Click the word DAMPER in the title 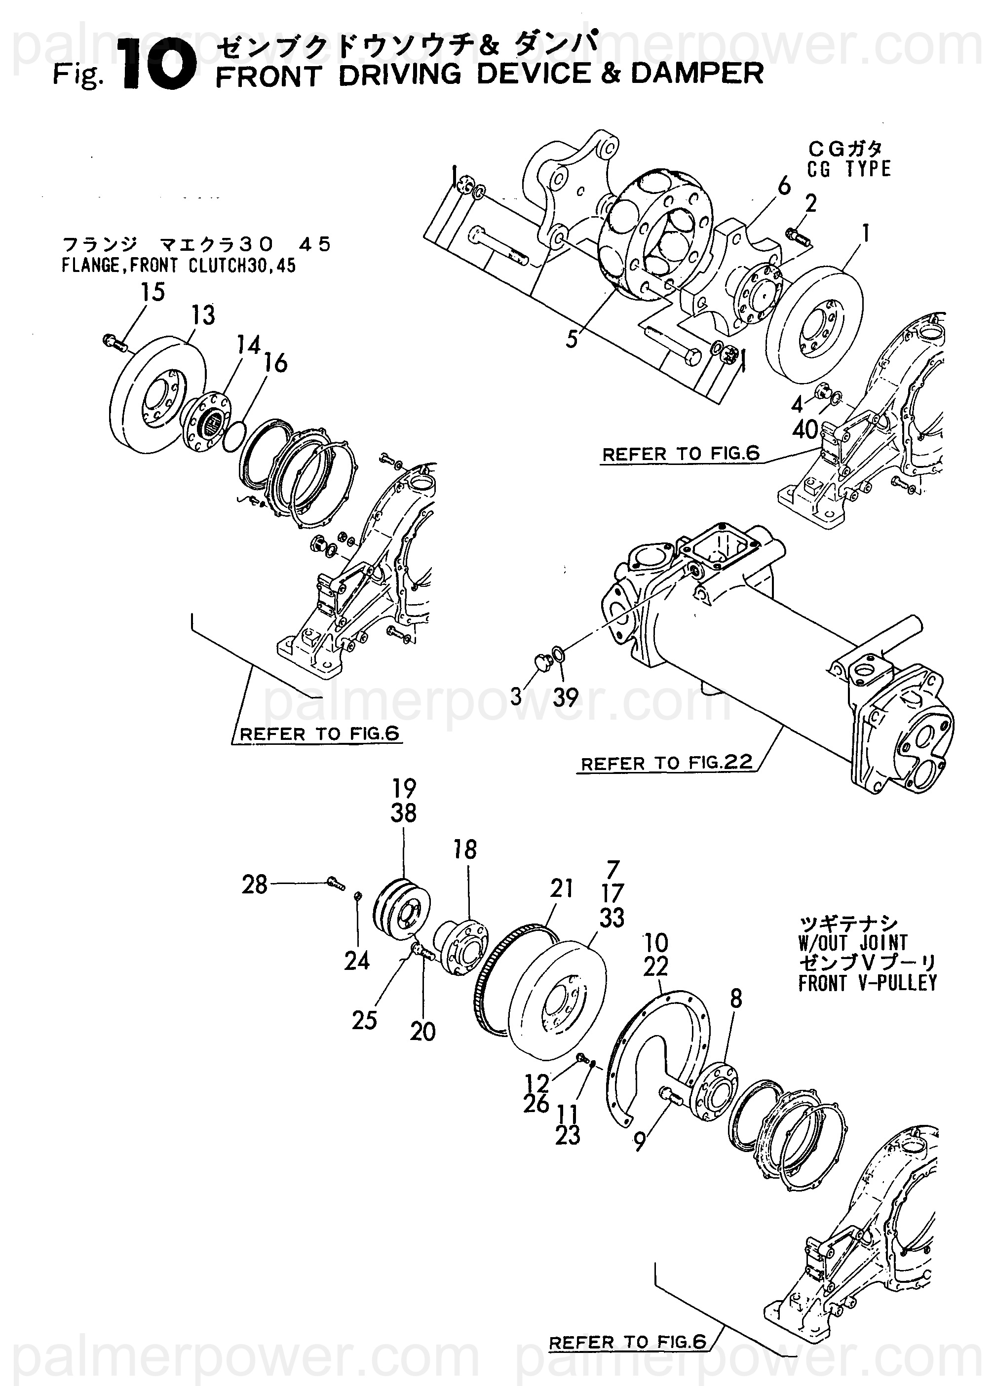(697, 74)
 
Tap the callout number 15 (153, 292)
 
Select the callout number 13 (203, 315)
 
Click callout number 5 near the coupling (572, 339)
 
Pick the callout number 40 (805, 430)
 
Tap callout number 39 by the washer (565, 697)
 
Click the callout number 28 (254, 885)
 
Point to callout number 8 (736, 999)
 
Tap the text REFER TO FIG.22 (666, 763)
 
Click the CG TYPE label (849, 169)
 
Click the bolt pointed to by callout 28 (336, 883)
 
